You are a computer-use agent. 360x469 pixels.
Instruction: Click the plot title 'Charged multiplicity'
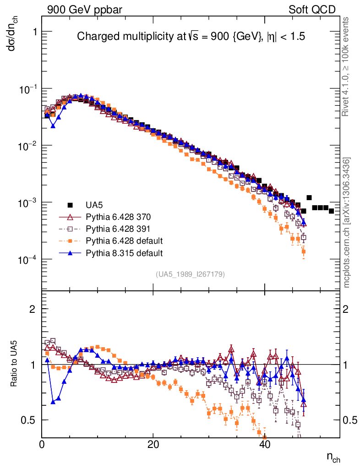tap(191, 37)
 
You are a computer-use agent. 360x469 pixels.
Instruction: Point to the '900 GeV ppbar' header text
tap(84, 10)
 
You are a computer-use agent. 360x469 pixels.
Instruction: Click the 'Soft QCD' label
tap(312, 10)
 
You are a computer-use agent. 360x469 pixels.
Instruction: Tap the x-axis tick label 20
tap(153, 444)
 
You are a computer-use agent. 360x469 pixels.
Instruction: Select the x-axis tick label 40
tap(265, 444)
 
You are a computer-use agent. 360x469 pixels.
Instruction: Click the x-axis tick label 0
tap(42, 444)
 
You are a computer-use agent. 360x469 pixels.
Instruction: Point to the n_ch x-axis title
tap(333, 457)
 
